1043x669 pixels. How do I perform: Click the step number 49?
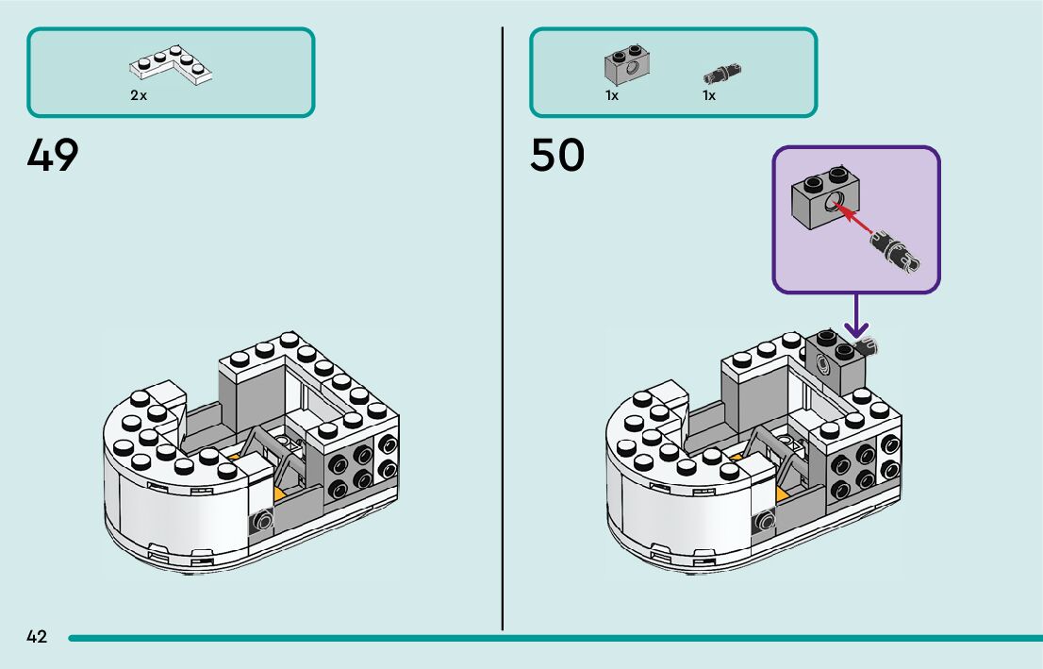53,156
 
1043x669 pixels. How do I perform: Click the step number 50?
556,156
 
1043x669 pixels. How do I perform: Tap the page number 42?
37,637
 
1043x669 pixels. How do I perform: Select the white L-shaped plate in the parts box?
172,65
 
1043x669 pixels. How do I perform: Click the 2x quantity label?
139,95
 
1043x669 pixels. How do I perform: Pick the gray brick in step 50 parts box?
628,63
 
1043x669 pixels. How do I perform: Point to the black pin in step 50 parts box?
721,72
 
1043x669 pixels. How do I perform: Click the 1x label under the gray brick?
612,95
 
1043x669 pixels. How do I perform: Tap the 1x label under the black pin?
708,95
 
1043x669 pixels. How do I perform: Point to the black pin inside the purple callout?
895,252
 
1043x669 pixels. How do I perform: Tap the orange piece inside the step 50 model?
783,493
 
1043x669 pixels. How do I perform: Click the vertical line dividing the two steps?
503,330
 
